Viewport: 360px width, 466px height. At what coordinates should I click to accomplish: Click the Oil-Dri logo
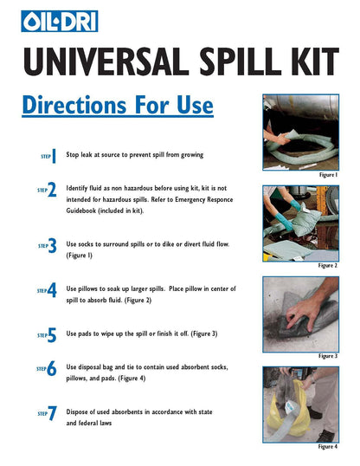pyautogui.click(x=60, y=21)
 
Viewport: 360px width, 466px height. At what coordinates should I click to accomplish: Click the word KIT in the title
pyautogui.click(x=316, y=61)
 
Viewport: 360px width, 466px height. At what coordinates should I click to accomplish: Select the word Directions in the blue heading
pyautogui.click(x=74, y=105)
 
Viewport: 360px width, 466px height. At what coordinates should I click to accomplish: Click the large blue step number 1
pyautogui.click(x=54, y=156)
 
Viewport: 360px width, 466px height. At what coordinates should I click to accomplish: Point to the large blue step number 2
pyautogui.click(x=52, y=190)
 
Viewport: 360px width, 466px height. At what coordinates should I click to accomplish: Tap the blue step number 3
pyautogui.click(x=52, y=245)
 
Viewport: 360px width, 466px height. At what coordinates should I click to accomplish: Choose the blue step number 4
pyautogui.click(x=52, y=290)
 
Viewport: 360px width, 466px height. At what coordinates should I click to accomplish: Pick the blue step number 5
pyautogui.click(x=52, y=335)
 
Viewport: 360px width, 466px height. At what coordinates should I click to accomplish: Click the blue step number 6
pyautogui.click(x=52, y=368)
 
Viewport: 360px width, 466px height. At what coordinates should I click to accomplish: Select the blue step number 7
pyautogui.click(x=52, y=413)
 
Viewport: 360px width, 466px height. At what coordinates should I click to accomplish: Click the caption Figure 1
pyautogui.click(x=328, y=175)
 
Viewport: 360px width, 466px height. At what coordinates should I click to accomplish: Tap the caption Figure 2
pyautogui.click(x=328, y=265)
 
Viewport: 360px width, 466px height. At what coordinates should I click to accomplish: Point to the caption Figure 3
pyautogui.click(x=328, y=356)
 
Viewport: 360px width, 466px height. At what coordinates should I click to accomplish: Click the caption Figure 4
pyautogui.click(x=328, y=446)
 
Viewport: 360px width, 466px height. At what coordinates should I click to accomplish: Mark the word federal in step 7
pyautogui.click(x=88, y=423)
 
